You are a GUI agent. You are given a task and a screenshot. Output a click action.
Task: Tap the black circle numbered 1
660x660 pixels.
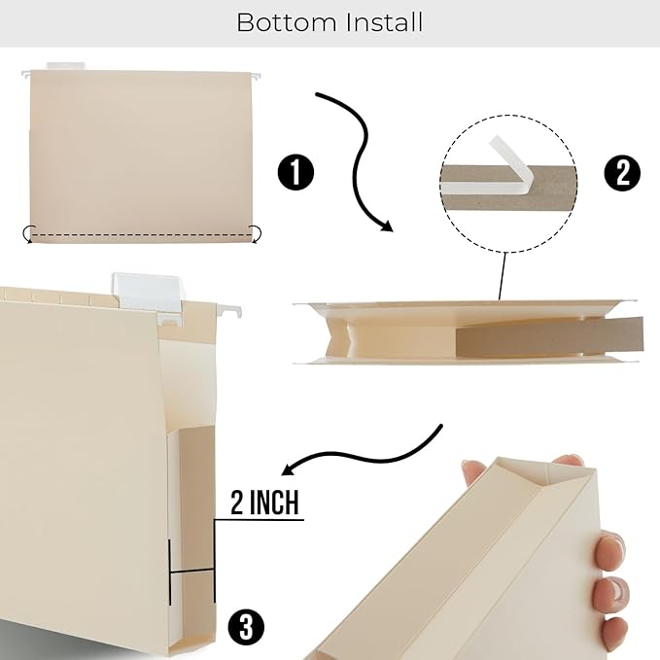click(x=295, y=174)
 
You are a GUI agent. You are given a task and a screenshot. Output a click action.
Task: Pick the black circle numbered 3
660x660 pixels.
click(x=246, y=626)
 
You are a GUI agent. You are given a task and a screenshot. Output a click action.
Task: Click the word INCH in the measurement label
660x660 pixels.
click(x=278, y=504)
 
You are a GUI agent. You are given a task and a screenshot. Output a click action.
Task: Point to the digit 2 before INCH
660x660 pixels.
click(x=239, y=504)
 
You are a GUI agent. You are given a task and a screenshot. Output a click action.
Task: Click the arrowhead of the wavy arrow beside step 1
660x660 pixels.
click(x=386, y=227)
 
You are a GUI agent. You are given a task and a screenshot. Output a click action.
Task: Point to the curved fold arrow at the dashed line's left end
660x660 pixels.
click(x=28, y=232)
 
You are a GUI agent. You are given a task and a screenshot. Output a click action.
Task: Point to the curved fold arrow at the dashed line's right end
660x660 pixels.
click(x=257, y=231)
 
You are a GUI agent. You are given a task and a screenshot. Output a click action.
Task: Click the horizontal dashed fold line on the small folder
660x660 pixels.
click(x=142, y=235)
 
